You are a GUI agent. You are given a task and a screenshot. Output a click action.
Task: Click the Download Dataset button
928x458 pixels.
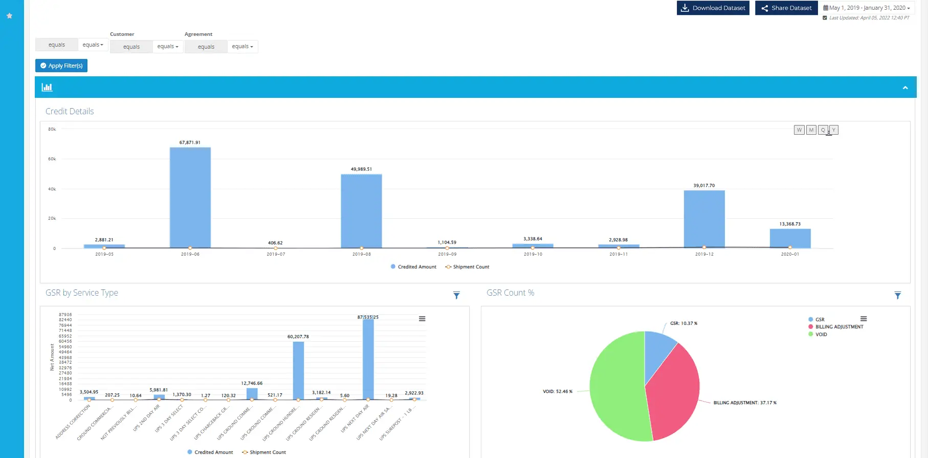pyautogui.click(x=713, y=8)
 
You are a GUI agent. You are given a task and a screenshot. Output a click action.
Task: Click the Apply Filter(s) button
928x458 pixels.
pyautogui.click(x=61, y=66)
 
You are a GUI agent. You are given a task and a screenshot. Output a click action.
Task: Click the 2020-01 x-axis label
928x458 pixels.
pyautogui.click(x=790, y=254)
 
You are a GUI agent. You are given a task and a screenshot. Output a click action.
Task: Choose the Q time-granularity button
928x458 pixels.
pyautogui.click(x=823, y=130)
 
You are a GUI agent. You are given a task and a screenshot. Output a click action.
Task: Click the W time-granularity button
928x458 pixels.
pyautogui.click(x=799, y=130)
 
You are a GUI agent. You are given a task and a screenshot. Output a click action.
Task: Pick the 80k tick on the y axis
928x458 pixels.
pyautogui.click(x=52, y=129)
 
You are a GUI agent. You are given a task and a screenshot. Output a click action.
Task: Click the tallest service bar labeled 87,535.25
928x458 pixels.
pyautogui.click(x=368, y=359)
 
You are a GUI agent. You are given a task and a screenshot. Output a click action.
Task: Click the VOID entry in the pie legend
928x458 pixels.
pyautogui.click(x=821, y=335)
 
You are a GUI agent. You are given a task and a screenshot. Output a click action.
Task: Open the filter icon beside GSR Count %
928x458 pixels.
pyautogui.click(x=897, y=296)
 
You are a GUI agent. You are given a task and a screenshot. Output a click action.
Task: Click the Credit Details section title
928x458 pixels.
pyautogui.click(x=70, y=111)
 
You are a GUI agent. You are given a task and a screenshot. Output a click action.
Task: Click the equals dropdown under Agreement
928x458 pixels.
pyautogui.click(x=242, y=47)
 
